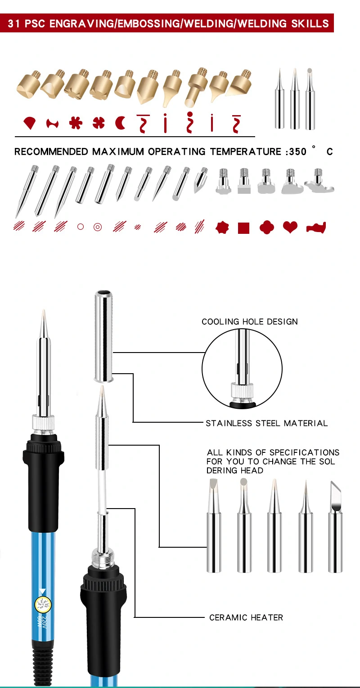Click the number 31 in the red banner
14,23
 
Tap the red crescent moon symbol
121,123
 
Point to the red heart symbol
290,228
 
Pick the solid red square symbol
243,228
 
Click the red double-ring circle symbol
97,227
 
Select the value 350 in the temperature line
297,152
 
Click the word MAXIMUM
118,152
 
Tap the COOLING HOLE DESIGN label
249,322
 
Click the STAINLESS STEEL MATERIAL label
266,423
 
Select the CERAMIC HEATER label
246,617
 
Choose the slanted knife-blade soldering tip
335,526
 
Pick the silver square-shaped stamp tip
243,182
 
